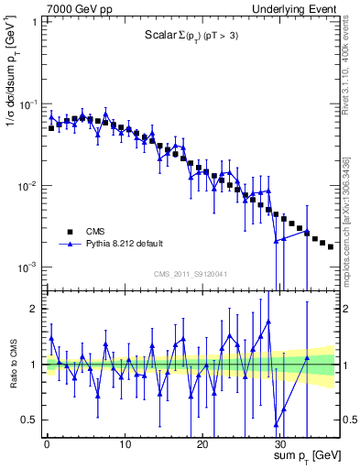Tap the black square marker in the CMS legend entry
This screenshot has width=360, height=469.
point(68,232)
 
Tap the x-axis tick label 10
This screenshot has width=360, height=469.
point(124,442)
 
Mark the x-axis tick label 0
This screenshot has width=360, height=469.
point(47,442)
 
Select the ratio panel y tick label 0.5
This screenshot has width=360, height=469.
point(28,420)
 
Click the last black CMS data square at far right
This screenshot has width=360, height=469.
point(331,246)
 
